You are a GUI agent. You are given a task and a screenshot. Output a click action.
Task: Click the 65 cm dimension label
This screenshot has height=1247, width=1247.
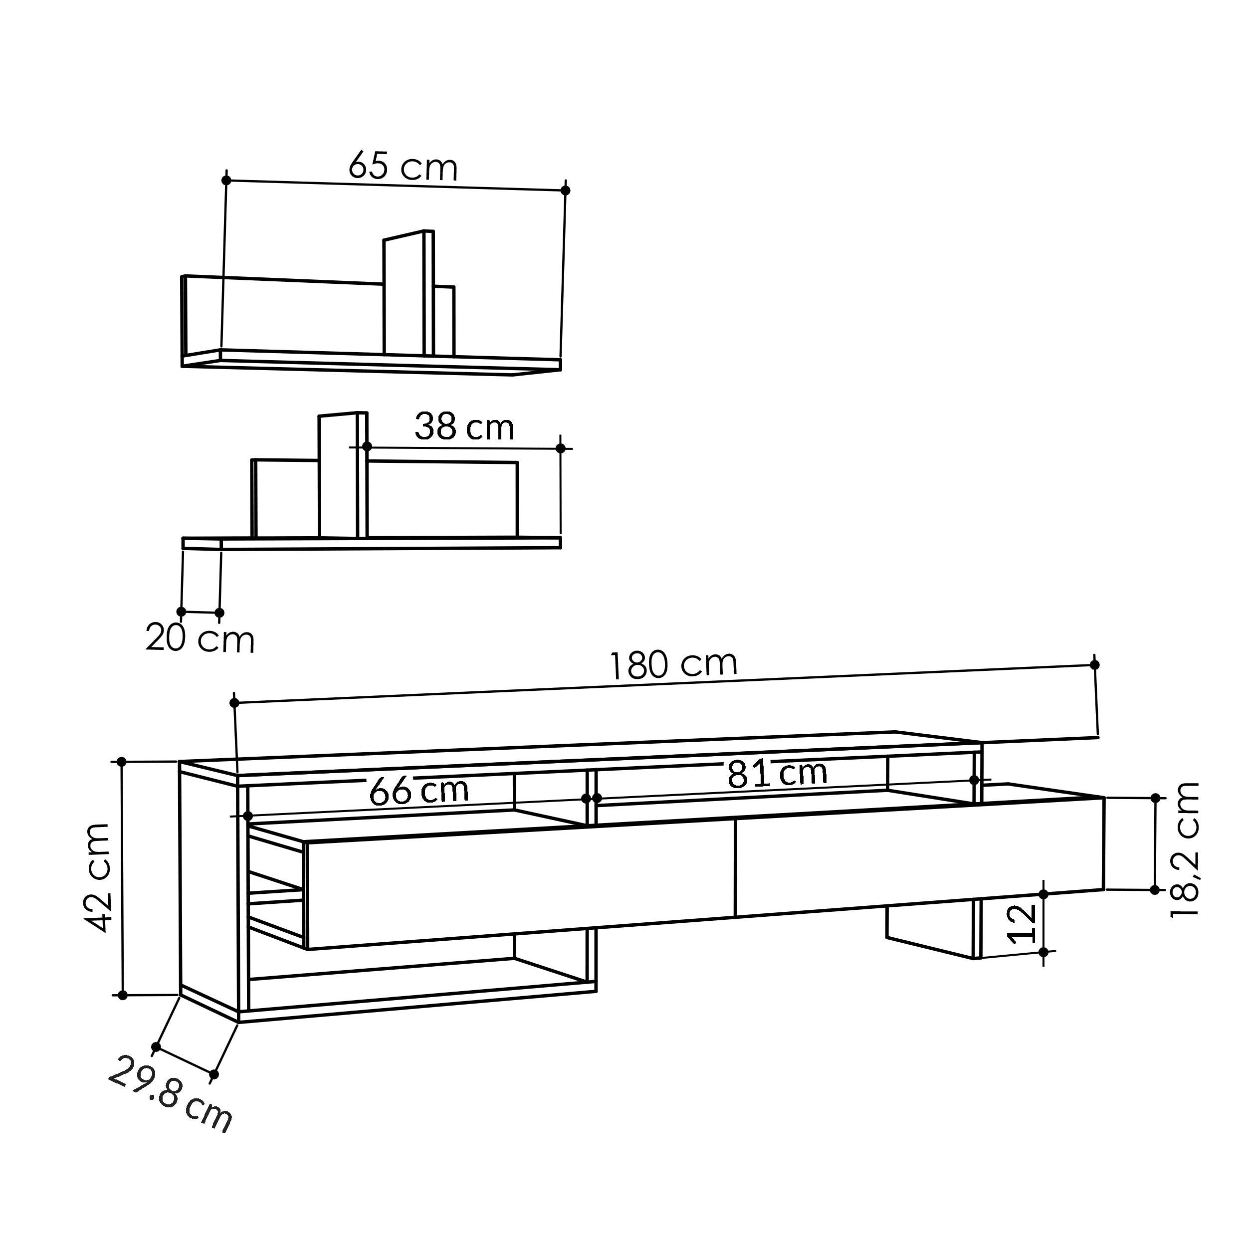pyautogui.click(x=403, y=167)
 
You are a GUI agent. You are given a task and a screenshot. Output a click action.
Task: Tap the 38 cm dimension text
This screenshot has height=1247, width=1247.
pyautogui.click(x=463, y=427)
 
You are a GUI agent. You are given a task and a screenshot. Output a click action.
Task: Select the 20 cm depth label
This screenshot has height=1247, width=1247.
pyautogui.click(x=200, y=639)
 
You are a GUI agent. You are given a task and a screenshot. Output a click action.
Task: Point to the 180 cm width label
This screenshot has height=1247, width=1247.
pyautogui.click(x=673, y=665)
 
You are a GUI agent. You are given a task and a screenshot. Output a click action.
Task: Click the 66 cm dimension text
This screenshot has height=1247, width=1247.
pyautogui.click(x=418, y=791)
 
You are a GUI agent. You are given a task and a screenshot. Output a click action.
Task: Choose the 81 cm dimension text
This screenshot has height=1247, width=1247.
pyautogui.click(x=777, y=773)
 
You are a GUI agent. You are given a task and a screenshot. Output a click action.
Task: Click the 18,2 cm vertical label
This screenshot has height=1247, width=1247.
pyautogui.click(x=1185, y=849)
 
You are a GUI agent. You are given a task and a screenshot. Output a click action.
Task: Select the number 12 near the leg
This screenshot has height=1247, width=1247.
pyautogui.click(x=1022, y=924)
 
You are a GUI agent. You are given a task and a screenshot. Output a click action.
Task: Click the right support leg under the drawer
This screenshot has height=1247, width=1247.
pyautogui.click(x=933, y=929)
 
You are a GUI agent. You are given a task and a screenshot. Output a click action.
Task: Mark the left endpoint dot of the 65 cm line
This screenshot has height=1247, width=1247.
pyautogui.click(x=226, y=180)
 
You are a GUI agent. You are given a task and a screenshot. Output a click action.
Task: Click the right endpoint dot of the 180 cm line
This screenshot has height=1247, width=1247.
pyautogui.click(x=1095, y=665)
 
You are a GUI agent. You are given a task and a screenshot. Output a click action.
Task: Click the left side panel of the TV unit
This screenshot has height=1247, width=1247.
pyautogui.click(x=208, y=891)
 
